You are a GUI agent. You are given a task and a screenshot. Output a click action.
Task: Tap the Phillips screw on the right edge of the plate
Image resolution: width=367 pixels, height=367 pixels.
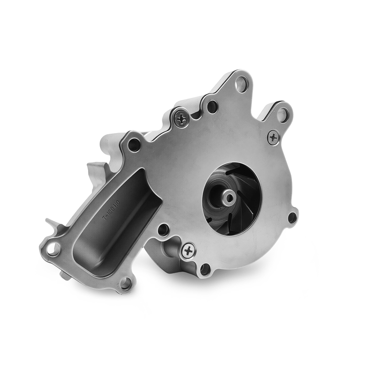tap(274, 137)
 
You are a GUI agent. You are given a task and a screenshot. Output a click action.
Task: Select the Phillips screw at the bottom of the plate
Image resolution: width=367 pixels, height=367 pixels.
tap(189, 251)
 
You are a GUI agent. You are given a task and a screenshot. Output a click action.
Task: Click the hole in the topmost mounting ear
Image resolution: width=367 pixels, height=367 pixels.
tap(241, 83)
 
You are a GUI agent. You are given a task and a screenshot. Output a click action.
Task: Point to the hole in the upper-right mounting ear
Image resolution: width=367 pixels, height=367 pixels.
tap(282, 114)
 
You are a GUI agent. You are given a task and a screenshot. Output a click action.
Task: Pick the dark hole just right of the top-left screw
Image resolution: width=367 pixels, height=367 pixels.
tap(212, 106)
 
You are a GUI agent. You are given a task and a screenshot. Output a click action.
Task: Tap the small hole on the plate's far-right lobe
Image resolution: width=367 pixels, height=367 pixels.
tap(292, 218)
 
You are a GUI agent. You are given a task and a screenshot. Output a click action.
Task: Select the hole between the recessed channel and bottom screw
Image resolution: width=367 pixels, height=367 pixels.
tap(164, 230)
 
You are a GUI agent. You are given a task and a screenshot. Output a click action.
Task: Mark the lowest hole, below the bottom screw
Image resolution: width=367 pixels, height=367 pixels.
tap(205, 269)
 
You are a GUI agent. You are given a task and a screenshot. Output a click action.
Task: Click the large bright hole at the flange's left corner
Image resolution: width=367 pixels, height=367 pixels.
tap(53, 249)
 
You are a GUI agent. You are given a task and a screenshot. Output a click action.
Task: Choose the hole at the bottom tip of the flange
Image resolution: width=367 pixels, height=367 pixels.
tap(125, 284)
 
